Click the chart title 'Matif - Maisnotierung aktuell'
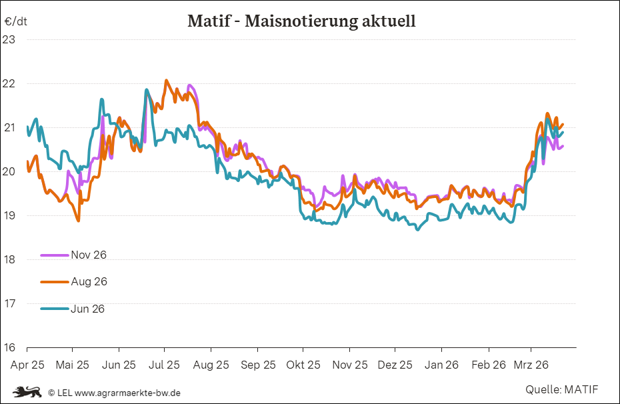pos(301,21)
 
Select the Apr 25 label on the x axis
pos(27,365)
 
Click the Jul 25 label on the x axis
pos(163,365)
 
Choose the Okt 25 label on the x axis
pos(303,365)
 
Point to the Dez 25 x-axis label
pos(395,365)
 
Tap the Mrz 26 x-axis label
pos(531,365)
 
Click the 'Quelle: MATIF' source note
pos(561,389)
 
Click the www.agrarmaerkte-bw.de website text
pos(127,393)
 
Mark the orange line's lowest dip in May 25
pos(79,221)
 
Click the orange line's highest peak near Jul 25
pos(166,80)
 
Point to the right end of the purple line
pos(563,146)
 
